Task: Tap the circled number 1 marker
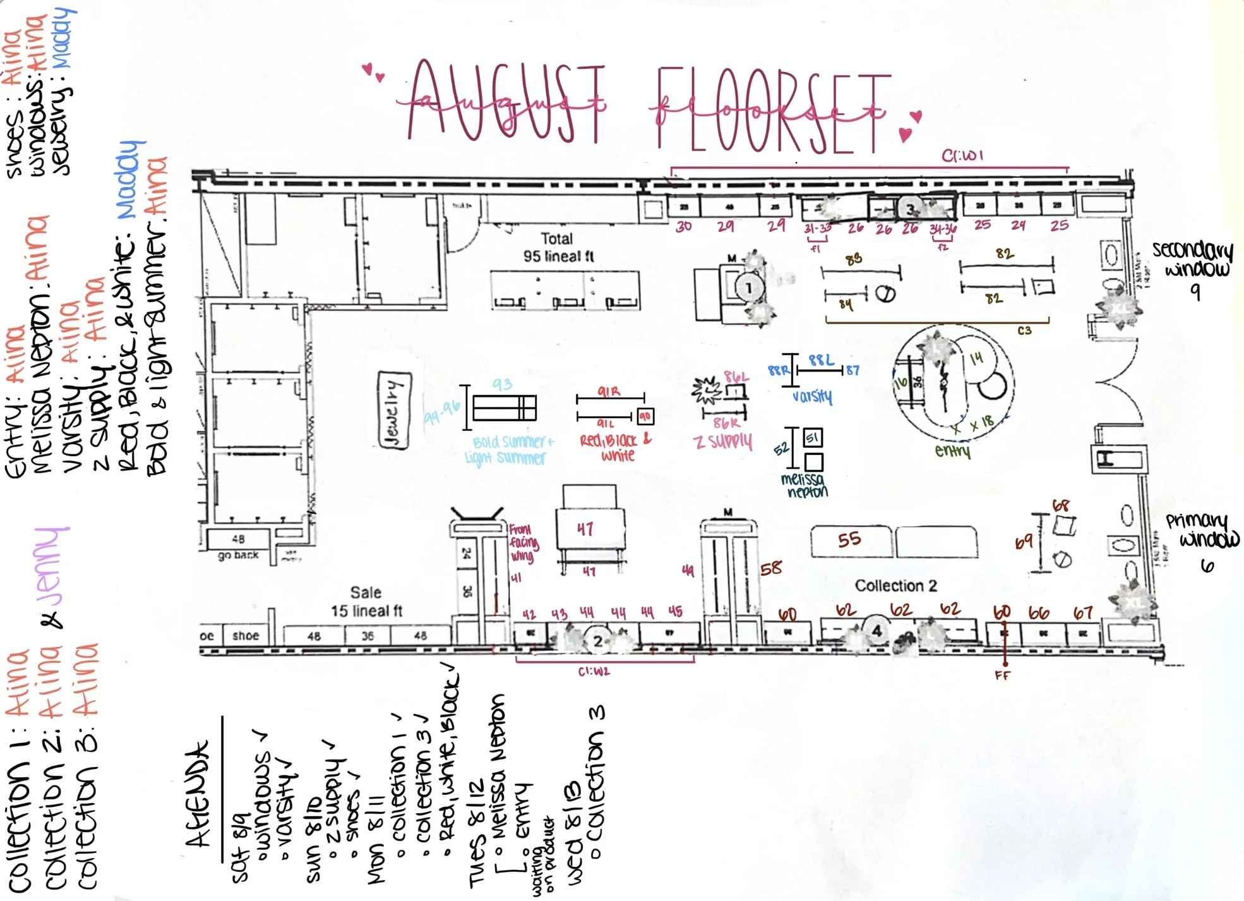[x=749, y=288]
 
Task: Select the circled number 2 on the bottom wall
[x=597, y=641]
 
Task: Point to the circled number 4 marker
[x=876, y=630]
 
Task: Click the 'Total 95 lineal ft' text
[x=558, y=248]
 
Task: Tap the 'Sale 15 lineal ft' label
[x=366, y=602]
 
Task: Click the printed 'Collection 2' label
[x=895, y=586]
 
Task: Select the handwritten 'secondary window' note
[x=1192, y=259]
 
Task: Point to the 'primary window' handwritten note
[x=1202, y=531]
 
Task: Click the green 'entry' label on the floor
[x=952, y=451]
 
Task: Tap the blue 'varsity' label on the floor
[x=812, y=397]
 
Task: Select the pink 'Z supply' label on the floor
[x=724, y=441]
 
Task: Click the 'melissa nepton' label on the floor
[x=803, y=485]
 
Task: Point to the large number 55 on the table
[x=849, y=539]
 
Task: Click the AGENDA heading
[x=196, y=794]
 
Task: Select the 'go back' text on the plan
[x=238, y=555]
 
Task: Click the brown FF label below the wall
[x=1002, y=675]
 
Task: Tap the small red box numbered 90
[x=645, y=416]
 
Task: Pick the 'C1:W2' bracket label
[x=594, y=672]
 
